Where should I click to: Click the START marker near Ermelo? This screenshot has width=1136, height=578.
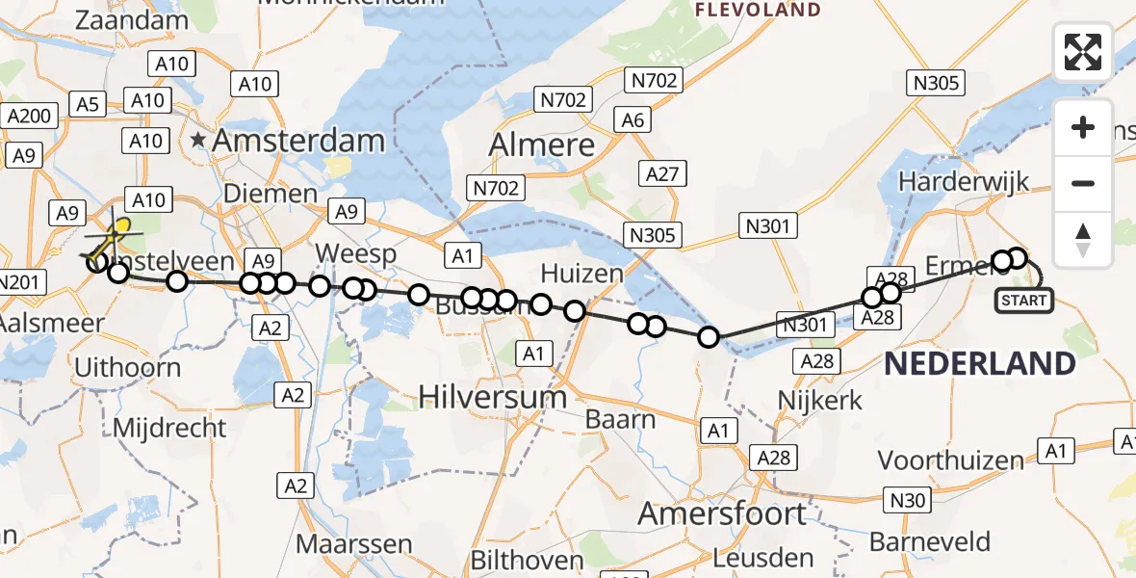coord(1023,301)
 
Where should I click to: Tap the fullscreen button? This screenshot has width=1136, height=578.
coord(1083,52)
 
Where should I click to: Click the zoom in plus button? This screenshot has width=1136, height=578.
coord(1083,127)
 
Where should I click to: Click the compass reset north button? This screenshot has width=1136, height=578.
coord(1083,239)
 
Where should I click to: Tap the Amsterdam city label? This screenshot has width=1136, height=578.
coord(298,141)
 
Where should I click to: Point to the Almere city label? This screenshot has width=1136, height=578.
coord(543,144)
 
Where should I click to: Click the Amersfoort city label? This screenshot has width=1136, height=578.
coord(722,513)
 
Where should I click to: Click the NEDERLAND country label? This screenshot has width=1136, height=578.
coord(980,363)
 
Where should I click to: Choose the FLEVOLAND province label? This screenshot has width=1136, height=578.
coord(760,11)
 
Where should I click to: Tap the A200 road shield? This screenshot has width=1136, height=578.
coord(29,117)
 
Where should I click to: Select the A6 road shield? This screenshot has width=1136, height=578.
coord(633,119)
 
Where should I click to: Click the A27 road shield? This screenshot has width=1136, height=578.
coord(663,174)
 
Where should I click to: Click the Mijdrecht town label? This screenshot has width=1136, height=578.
coord(169,427)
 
